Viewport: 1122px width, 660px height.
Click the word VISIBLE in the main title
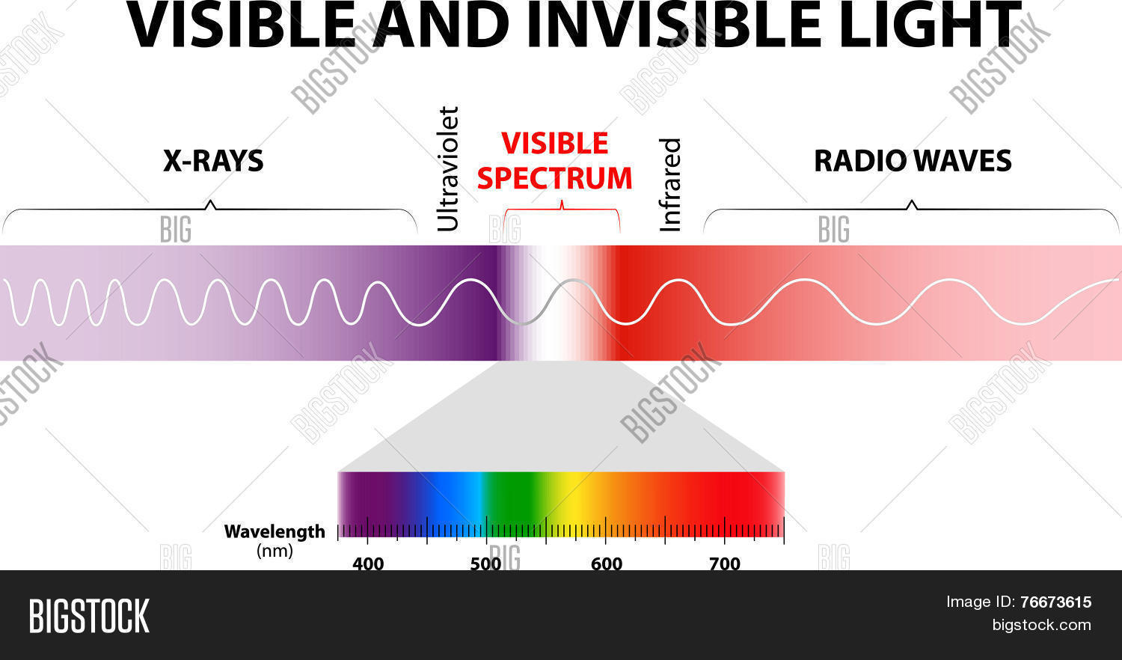[x=242, y=25]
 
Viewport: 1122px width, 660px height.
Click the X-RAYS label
[x=213, y=161]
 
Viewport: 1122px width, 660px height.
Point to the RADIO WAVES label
[x=913, y=161]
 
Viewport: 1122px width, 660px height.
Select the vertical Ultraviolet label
[x=448, y=169]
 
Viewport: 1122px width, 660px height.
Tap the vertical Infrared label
[x=669, y=185]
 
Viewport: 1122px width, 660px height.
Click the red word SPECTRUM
[x=554, y=178]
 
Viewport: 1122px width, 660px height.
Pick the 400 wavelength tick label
[x=368, y=563]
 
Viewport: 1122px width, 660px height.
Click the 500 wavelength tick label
[x=486, y=563]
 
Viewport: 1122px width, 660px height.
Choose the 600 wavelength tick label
[x=607, y=563]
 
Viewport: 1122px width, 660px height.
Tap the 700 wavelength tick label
[x=725, y=563]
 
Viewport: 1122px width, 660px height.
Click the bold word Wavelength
[x=275, y=532]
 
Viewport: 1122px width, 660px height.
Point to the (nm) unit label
[x=275, y=551]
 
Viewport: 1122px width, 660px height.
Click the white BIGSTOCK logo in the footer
[x=89, y=616]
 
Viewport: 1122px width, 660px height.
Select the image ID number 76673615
[x=1056, y=602]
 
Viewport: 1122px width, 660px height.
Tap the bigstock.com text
[x=1042, y=625]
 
